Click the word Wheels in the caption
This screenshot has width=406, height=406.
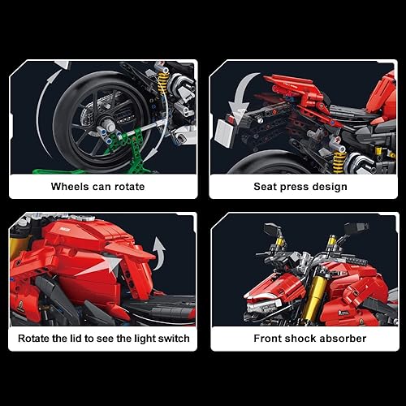[71, 187]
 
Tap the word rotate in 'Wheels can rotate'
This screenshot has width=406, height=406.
[127, 187]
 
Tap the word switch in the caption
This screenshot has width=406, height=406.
[172, 339]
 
